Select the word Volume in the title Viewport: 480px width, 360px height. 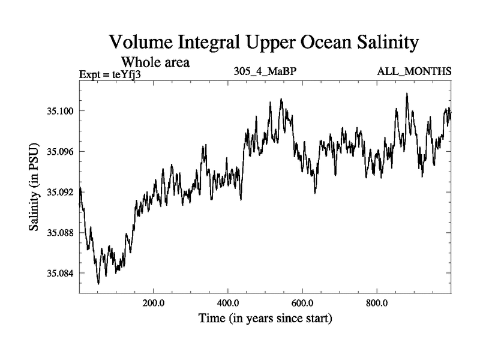[x=142, y=43]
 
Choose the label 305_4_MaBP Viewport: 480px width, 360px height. [x=266, y=72]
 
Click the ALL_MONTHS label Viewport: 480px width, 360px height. [x=414, y=72]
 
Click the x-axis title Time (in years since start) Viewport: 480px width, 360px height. [x=265, y=317]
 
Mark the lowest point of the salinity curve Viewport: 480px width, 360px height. [x=98, y=283]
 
